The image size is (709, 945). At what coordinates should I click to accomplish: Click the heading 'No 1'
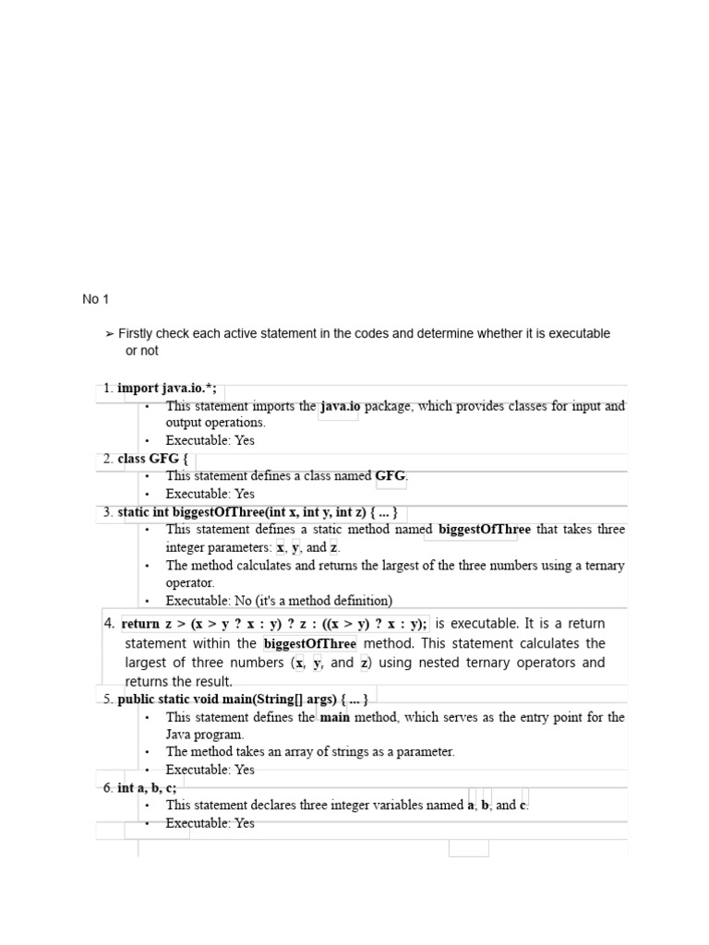(x=95, y=299)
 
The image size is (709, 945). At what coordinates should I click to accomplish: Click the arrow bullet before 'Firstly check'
(x=110, y=334)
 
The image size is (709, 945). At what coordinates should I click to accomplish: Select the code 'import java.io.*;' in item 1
(x=167, y=389)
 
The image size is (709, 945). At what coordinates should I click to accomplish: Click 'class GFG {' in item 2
(x=152, y=459)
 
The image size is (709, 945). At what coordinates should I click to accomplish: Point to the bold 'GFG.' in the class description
(x=391, y=476)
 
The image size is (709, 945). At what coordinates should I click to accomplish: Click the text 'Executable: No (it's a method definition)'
(x=279, y=601)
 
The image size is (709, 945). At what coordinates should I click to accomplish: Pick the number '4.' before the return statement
(x=110, y=624)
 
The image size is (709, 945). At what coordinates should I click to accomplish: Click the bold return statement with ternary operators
(x=274, y=624)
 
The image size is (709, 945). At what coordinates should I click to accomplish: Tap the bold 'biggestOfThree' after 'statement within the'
(x=309, y=643)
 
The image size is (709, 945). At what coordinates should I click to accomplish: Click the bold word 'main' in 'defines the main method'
(x=334, y=717)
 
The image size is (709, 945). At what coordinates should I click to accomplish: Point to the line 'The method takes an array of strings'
(x=310, y=752)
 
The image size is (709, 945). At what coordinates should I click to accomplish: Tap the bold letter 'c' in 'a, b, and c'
(x=523, y=806)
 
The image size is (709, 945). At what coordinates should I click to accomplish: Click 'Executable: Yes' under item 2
(x=210, y=494)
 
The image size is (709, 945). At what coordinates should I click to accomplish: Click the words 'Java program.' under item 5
(x=204, y=735)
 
